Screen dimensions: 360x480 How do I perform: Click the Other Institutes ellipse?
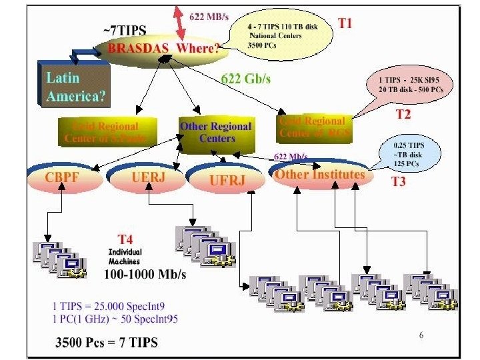320,175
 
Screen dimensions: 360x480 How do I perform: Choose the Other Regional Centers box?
217,132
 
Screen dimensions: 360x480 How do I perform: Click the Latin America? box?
75,87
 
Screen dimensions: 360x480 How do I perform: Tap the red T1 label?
345,24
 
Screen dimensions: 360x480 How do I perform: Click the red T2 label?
403,114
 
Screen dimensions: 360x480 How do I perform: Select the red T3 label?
398,181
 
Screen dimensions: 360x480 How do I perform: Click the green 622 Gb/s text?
245,79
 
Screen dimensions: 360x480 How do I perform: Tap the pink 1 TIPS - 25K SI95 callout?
409,84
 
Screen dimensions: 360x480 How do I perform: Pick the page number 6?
421,335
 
